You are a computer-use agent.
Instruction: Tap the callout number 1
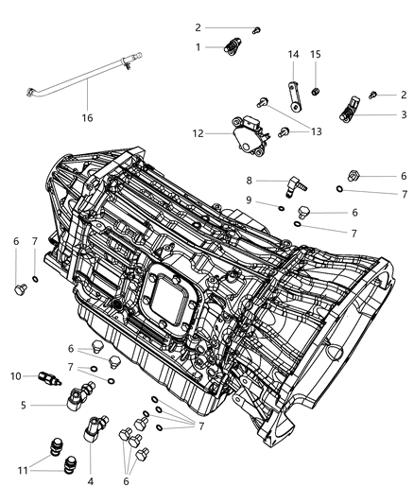198,46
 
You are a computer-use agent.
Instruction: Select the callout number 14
293,55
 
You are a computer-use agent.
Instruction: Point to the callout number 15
316,55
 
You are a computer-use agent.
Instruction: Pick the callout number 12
199,133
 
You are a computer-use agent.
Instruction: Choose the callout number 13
315,131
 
